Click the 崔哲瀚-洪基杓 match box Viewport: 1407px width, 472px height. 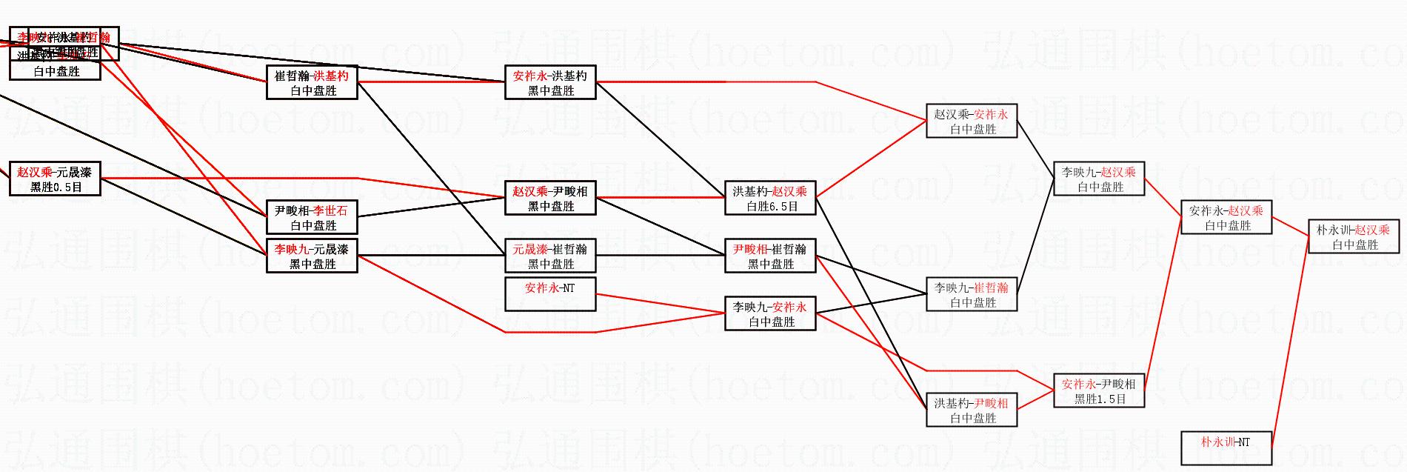[312, 82]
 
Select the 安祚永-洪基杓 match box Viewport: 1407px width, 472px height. [550, 82]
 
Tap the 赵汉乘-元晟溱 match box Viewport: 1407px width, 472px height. [55, 179]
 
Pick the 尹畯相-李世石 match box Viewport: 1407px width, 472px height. [312, 217]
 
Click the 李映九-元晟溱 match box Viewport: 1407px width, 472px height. [312, 256]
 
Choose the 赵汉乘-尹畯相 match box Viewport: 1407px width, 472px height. [550, 198]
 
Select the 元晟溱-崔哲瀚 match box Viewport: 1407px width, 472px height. [550, 256]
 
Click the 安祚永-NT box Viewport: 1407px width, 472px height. [550, 294]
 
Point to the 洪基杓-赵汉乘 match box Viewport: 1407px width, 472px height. [770, 198]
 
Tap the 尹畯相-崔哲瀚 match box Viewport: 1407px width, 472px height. [770, 256]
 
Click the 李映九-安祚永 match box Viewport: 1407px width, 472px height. [770, 313]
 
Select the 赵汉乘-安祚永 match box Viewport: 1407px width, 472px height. [972, 121]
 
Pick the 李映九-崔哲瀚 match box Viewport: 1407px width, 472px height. [972, 294]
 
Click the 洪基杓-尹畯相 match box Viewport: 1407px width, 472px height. [972, 410]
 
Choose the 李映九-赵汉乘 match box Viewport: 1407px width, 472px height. [1099, 179]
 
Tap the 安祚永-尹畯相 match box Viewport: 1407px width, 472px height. [1099, 390]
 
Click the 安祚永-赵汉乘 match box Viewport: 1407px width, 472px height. [1226, 217]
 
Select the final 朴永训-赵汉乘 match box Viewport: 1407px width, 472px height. [1354, 236]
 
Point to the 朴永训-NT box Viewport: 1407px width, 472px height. [1226, 448]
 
